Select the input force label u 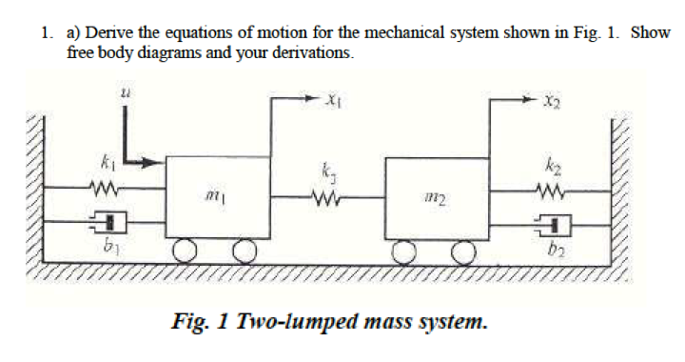[125, 93]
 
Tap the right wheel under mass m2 [463, 251]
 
